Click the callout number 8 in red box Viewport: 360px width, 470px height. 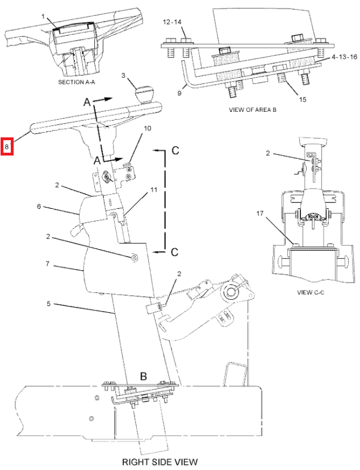[7, 148]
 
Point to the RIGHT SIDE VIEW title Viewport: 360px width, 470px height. [160, 461]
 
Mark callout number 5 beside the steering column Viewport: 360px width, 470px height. [49, 304]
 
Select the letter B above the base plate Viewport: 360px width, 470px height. [144, 376]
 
